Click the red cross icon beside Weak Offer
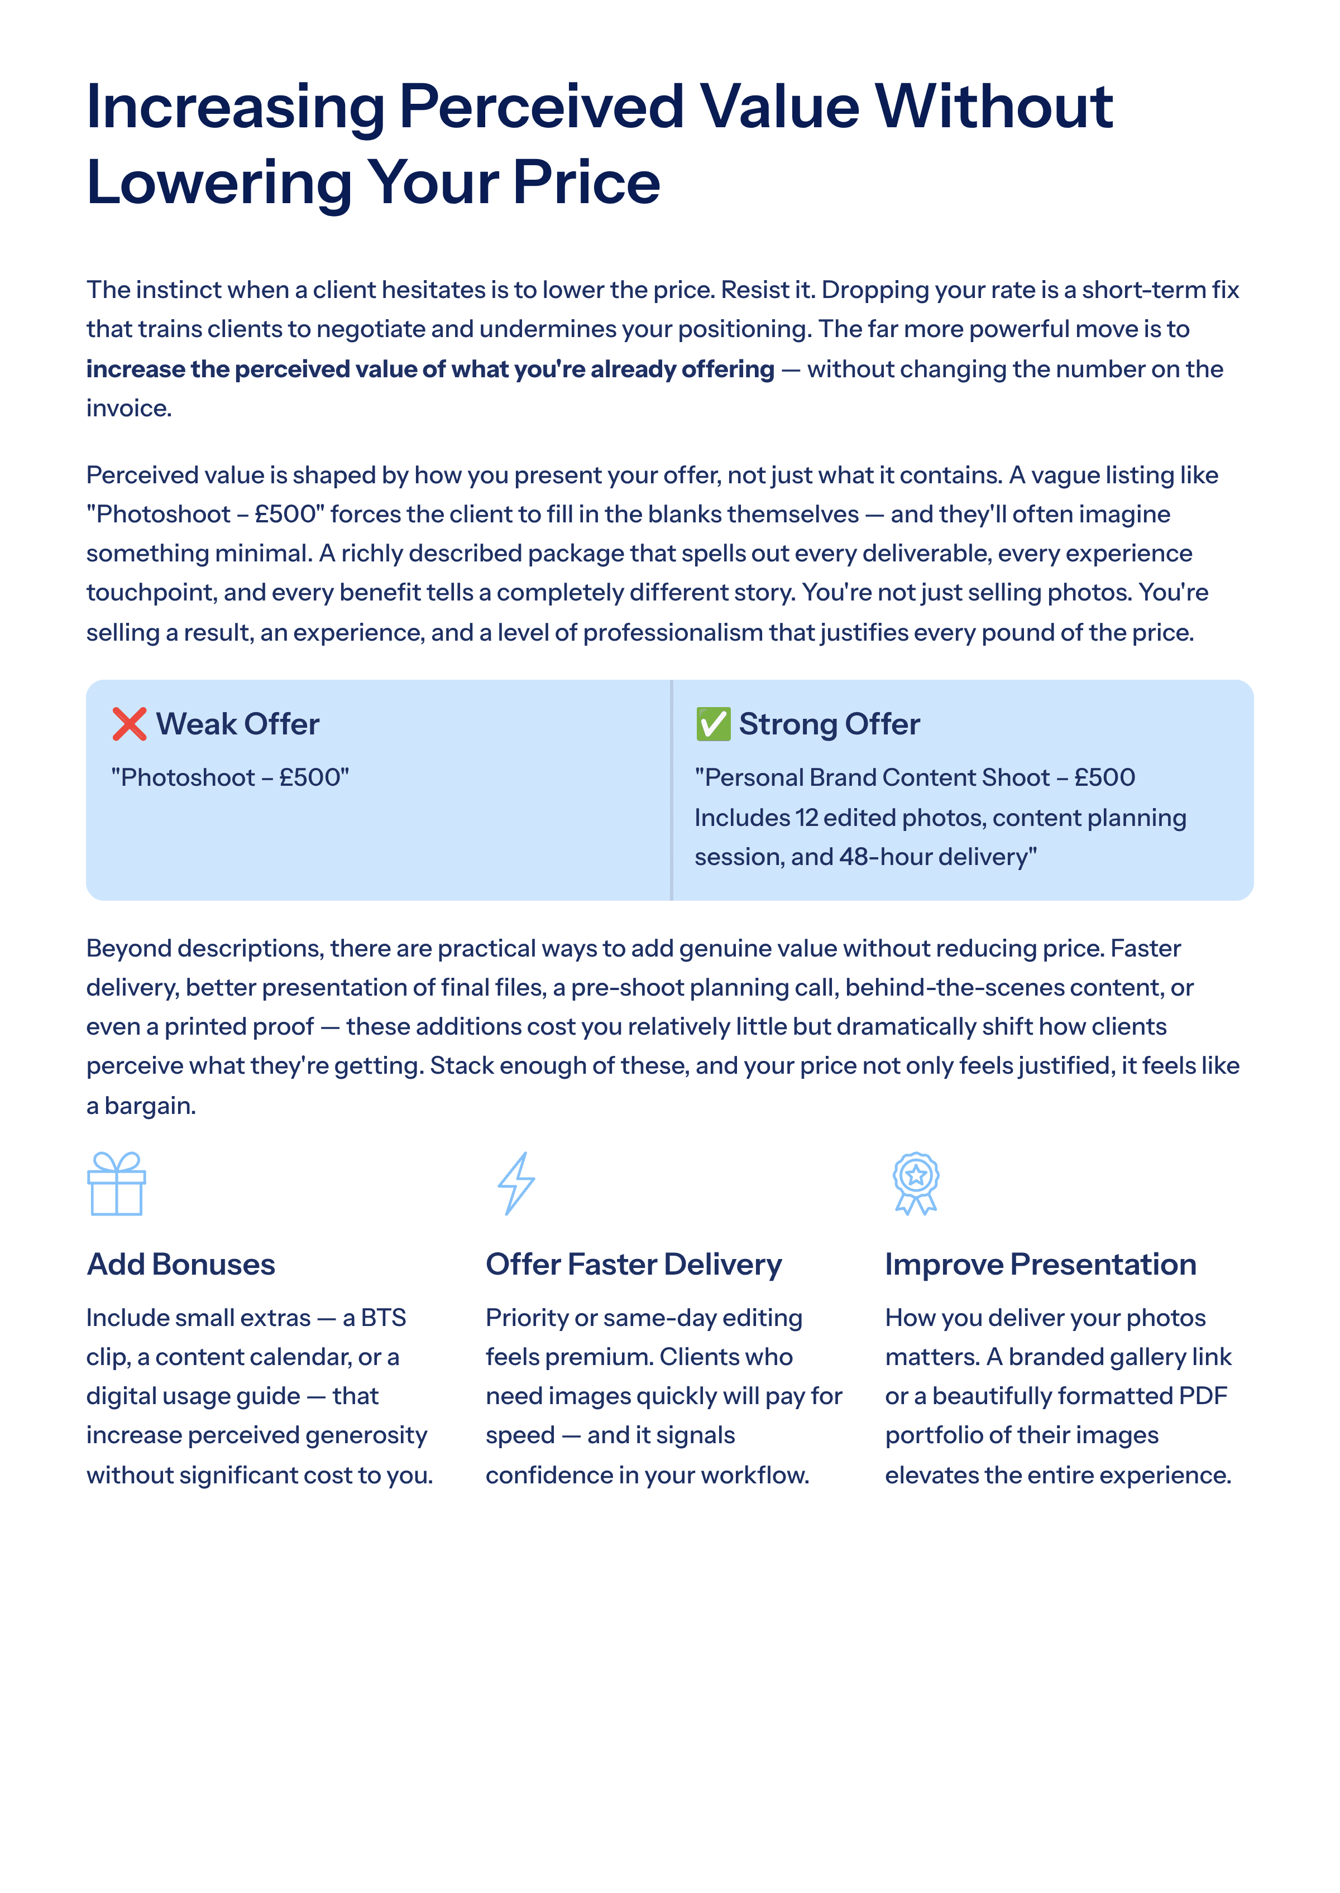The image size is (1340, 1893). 130,724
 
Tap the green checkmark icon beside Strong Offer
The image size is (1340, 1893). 713,724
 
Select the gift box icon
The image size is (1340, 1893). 116,1184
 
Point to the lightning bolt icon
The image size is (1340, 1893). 516,1184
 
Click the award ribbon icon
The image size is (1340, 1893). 916,1184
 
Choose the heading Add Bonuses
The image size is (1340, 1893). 181,1265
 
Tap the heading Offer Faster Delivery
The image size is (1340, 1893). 634,1265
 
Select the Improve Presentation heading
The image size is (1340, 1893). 1041,1265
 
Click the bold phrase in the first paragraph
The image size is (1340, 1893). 430,369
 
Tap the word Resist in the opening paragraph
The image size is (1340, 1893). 754,290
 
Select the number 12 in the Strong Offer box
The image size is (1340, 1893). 806,818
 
